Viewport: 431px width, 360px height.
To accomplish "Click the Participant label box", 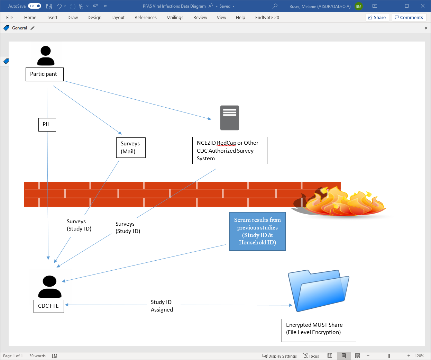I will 44,74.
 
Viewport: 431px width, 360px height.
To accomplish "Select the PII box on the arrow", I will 47,125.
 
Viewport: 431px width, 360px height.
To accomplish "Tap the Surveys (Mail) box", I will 131,148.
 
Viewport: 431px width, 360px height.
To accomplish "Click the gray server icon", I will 230,118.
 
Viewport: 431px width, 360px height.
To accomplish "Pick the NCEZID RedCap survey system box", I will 230,151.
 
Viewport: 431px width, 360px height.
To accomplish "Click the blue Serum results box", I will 257,231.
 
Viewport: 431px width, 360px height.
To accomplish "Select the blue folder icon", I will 319,291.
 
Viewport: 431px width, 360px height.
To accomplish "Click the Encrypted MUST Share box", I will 319,330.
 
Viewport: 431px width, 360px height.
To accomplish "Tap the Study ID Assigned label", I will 162,306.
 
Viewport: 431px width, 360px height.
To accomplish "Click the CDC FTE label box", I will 48,306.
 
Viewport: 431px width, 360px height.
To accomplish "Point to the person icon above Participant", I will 46,56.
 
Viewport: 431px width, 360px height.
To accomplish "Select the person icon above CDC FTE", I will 50,287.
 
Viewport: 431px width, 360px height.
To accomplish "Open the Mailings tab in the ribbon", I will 175,18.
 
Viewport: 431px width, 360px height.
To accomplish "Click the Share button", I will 377,18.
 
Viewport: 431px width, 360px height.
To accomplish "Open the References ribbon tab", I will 145,18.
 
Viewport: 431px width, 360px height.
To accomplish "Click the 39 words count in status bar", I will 37,356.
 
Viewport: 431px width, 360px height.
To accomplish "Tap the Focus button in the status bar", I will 311,356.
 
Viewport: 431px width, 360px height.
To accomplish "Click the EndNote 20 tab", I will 267,18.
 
